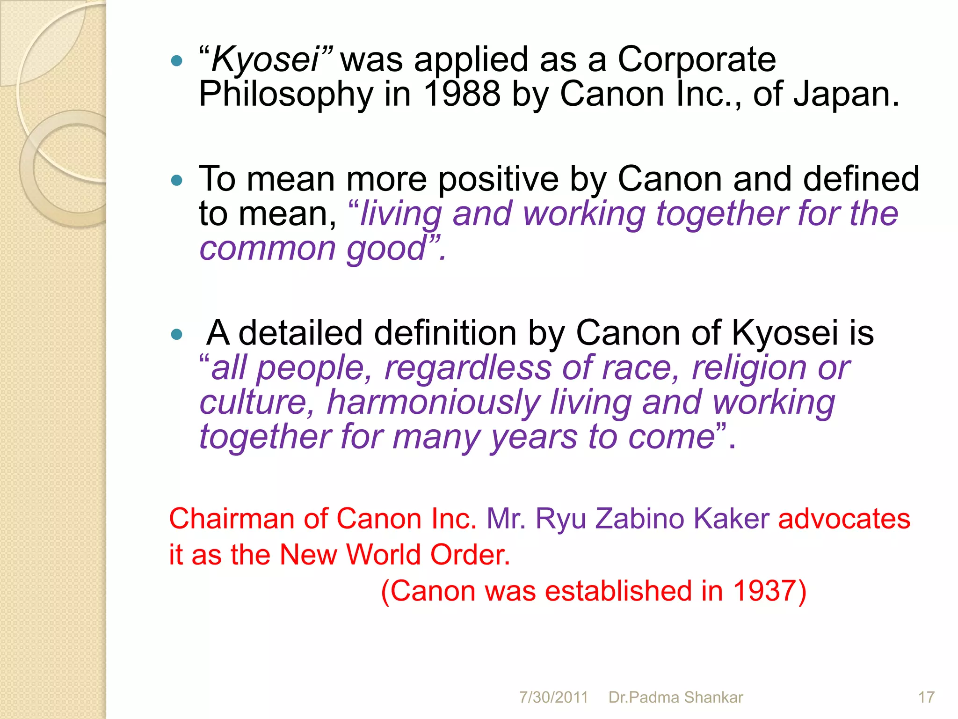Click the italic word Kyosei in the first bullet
click(x=265, y=60)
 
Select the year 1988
click(x=461, y=94)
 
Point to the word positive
click(x=498, y=180)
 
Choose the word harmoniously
click(x=433, y=403)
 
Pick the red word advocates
click(x=844, y=519)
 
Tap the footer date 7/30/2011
click(x=553, y=697)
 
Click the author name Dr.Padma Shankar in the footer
click(x=675, y=697)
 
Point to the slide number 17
click(x=926, y=697)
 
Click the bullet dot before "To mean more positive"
click(x=176, y=181)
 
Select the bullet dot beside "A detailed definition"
click(x=176, y=334)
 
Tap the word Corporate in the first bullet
click(x=697, y=60)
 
